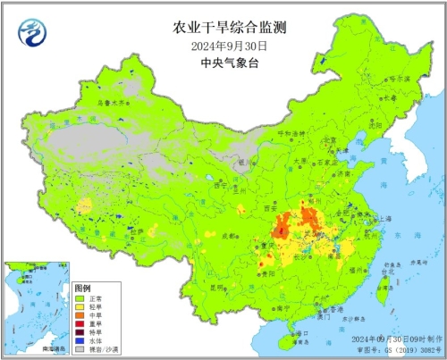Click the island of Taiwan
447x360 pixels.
[384, 286]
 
